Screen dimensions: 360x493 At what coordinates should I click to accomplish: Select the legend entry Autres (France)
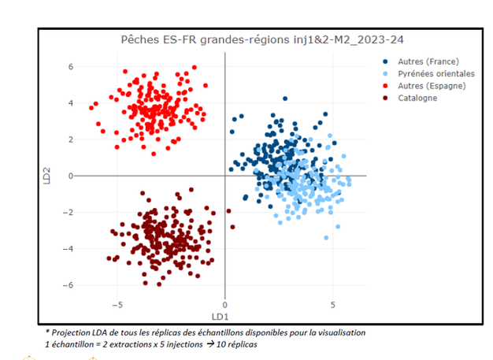pyautogui.click(x=429, y=61)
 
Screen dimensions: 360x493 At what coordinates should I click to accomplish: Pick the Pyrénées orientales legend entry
pyautogui.click(x=435, y=73)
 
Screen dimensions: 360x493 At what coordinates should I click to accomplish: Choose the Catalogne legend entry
pyautogui.click(x=417, y=98)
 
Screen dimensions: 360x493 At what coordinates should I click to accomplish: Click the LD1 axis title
pyautogui.click(x=225, y=316)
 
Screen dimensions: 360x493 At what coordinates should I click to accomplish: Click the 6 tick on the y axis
pyautogui.click(x=69, y=67)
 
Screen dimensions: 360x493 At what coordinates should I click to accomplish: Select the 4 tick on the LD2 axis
pyautogui.click(x=69, y=103)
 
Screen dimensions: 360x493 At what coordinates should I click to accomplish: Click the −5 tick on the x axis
pyautogui.click(x=117, y=304)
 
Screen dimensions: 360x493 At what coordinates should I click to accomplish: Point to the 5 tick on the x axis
pyautogui.click(x=332, y=304)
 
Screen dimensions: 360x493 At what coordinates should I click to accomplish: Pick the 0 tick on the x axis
pyautogui.click(x=225, y=304)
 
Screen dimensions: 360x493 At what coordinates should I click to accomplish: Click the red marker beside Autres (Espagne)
pyautogui.click(x=384, y=86)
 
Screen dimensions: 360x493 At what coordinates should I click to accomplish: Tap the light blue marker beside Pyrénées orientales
pyautogui.click(x=384, y=73)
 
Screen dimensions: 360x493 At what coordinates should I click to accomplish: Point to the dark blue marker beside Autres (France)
pyautogui.click(x=384, y=61)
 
